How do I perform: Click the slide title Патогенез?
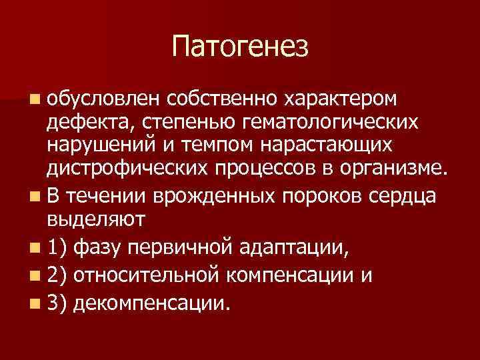(x=240, y=47)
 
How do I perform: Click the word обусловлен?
(x=104, y=99)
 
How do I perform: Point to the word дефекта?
(x=83, y=123)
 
